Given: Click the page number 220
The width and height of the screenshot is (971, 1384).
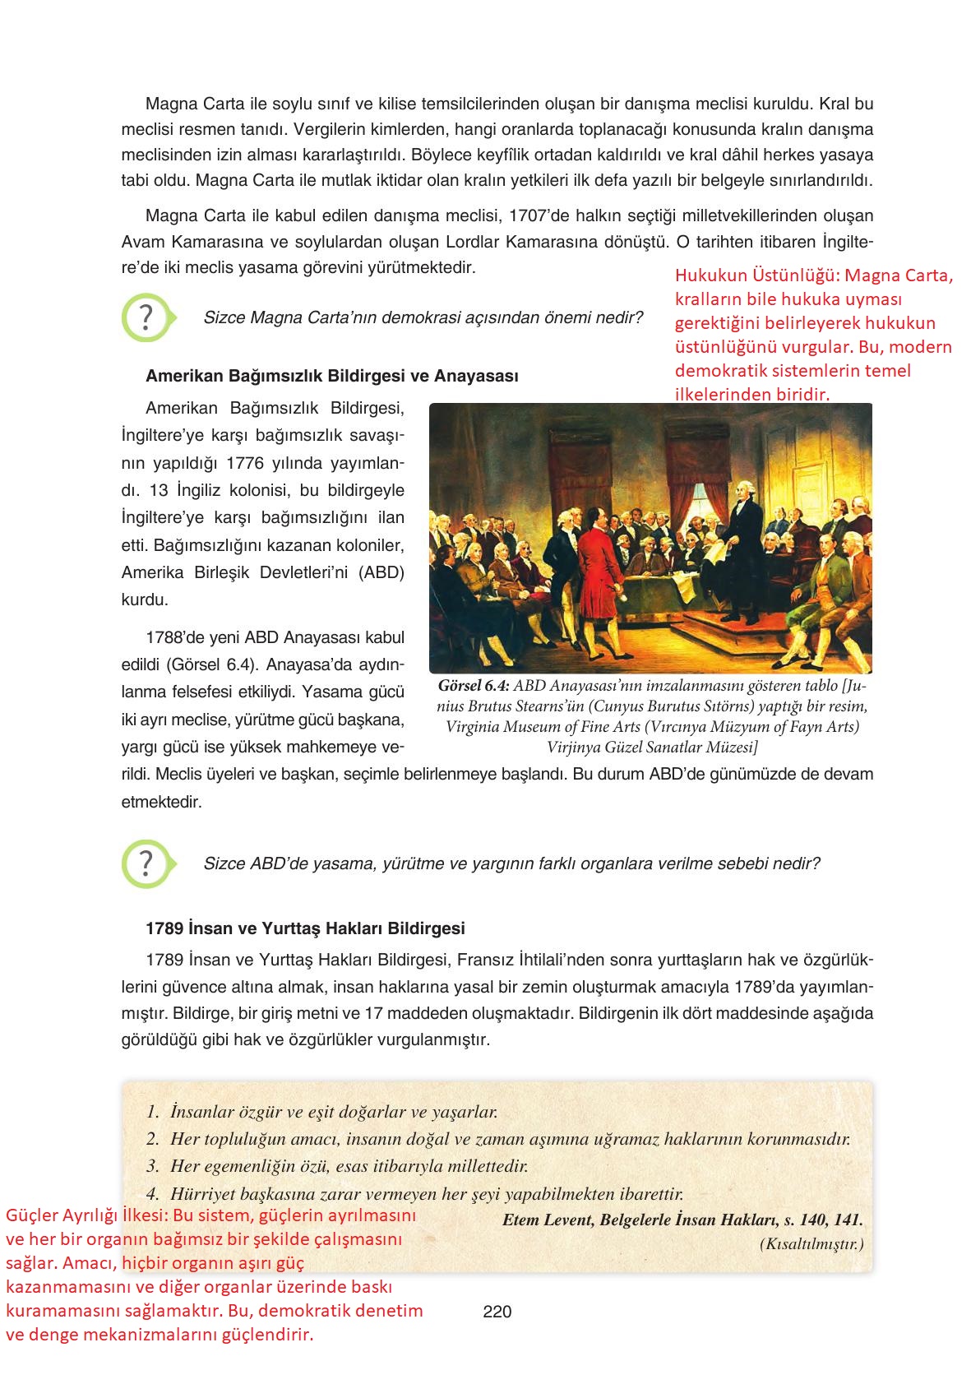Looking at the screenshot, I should (497, 1312).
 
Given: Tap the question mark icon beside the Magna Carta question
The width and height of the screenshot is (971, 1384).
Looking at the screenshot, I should (146, 317).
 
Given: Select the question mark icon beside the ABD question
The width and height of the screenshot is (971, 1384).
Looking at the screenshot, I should (146, 863).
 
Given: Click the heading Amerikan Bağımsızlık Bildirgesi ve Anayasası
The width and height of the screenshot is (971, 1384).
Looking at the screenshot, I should (331, 377).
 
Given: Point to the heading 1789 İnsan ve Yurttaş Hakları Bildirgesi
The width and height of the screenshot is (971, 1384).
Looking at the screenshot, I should (305, 928).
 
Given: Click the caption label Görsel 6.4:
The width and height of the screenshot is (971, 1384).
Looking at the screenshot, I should (474, 686).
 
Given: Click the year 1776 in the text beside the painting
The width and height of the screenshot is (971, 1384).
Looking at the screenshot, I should (244, 462).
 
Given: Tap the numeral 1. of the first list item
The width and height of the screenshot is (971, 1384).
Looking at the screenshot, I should (152, 1112).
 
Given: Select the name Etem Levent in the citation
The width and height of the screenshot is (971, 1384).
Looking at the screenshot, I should (546, 1220).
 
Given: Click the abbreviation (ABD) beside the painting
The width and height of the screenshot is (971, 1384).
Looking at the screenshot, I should (381, 572).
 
